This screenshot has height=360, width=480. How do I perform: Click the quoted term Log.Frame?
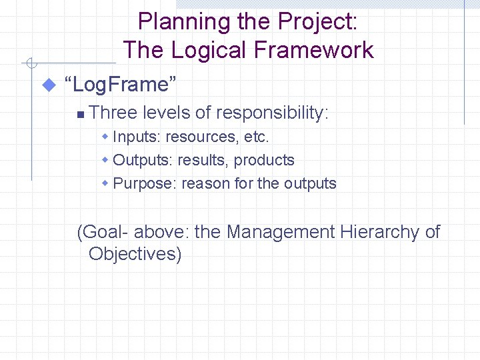[x=120, y=85]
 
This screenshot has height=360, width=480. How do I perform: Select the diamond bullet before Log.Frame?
[x=47, y=85]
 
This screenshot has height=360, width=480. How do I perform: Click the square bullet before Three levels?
[x=79, y=115]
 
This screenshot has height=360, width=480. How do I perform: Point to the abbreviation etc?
[x=257, y=137]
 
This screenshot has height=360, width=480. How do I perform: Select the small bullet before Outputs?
[x=105, y=160]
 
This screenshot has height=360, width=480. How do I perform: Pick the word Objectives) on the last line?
[x=135, y=254]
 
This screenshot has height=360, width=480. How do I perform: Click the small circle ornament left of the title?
[x=30, y=64]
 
